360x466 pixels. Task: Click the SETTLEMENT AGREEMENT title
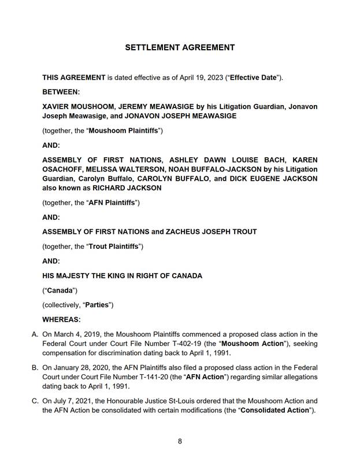tap(180, 47)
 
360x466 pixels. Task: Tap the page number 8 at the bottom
tap(180, 441)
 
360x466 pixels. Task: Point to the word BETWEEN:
tap(61, 91)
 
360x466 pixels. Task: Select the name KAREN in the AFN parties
tap(305, 160)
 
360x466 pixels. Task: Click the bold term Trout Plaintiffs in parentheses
tap(114, 247)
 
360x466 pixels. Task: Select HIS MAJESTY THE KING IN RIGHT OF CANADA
tap(123, 275)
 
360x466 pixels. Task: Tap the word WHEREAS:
tap(62, 319)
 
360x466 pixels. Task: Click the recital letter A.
tap(35, 334)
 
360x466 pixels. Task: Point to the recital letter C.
tap(35, 401)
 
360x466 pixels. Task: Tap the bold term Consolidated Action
tap(274, 410)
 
